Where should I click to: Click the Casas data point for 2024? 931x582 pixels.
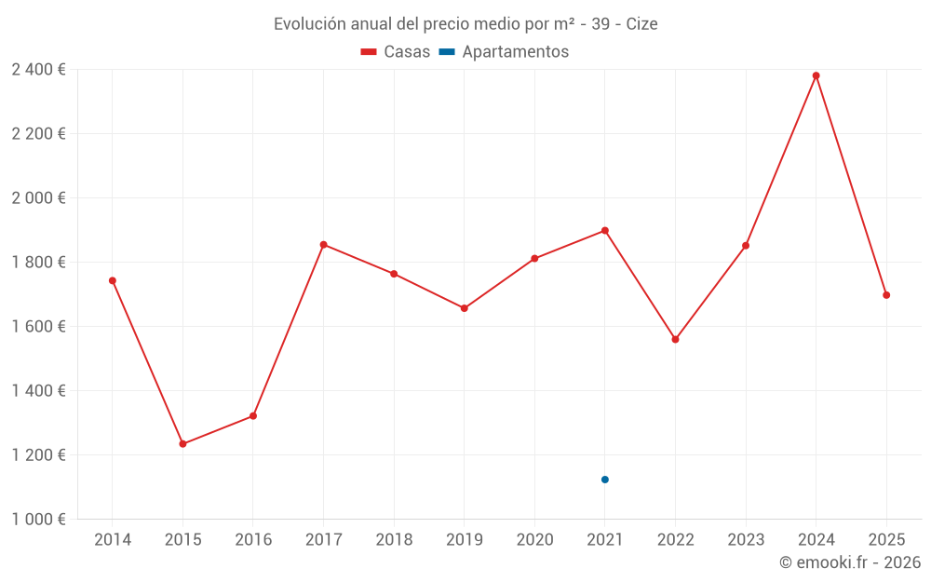coord(816,75)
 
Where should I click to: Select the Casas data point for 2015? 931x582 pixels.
coord(182,444)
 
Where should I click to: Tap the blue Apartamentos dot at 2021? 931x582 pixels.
coord(605,480)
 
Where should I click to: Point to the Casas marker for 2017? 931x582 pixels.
coord(323,245)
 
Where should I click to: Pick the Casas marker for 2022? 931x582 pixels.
coord(675,339)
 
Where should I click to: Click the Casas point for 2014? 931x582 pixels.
coord(113,280)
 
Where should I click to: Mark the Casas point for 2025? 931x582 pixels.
coord(886,295)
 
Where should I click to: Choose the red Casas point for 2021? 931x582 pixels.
coord(605,231)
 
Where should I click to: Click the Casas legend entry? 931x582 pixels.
coord(396,52)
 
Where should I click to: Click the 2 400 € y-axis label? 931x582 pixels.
coord(38,70)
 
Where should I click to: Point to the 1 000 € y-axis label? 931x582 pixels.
coord(38,520)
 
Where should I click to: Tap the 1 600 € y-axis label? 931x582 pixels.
coord(38,327)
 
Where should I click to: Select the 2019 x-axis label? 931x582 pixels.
coord(465,540)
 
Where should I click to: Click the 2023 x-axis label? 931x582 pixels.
coord(746,540)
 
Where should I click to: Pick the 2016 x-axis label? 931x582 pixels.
coord(253,540)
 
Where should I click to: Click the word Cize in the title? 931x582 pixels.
coord(641,24)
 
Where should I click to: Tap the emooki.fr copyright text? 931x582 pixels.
coord(850,562)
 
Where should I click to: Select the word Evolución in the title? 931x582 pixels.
coord(309,24)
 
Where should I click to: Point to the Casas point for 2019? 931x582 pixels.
coord(465,308)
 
